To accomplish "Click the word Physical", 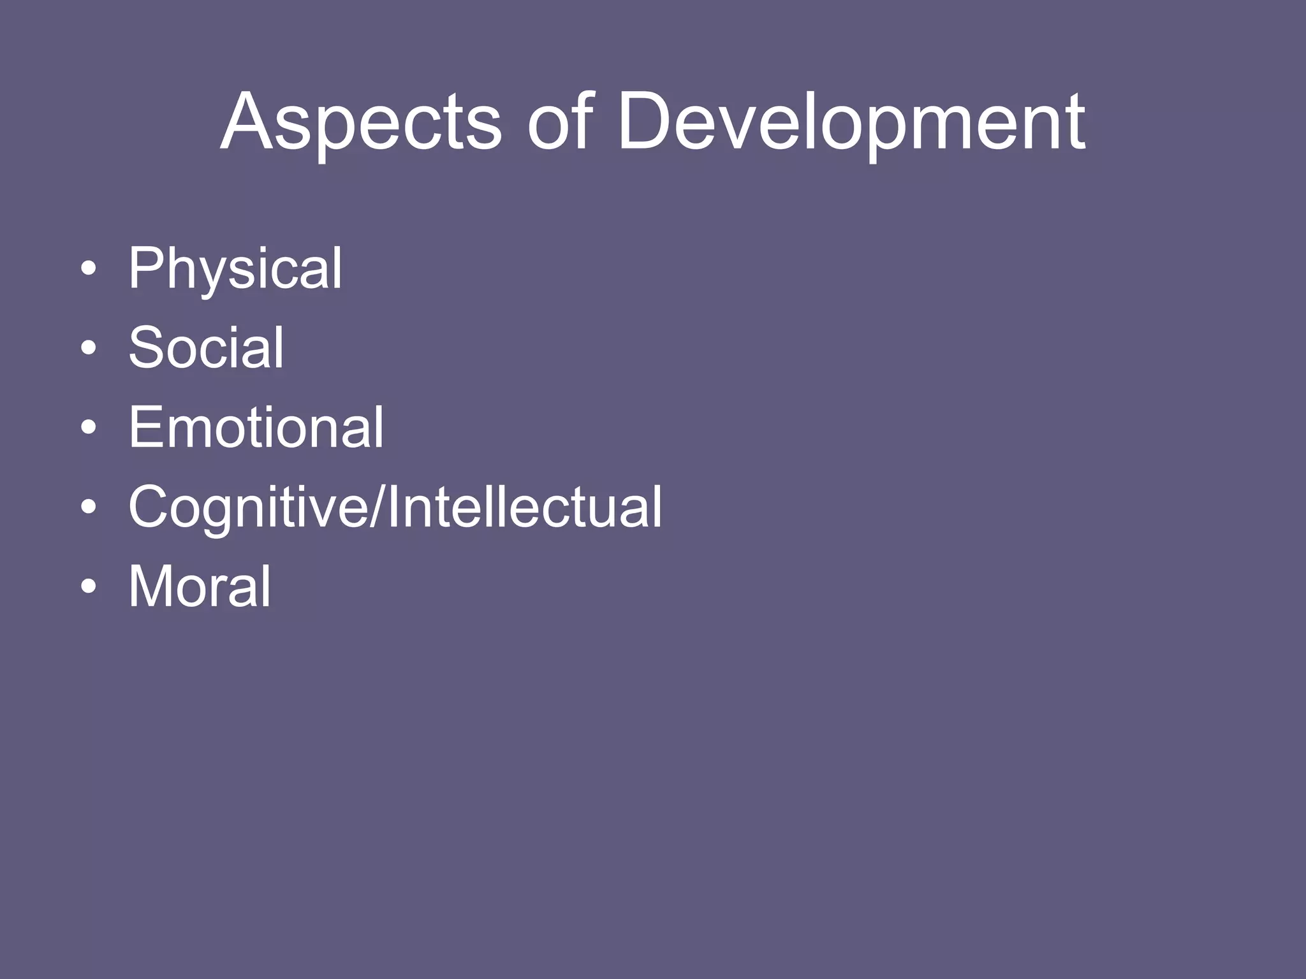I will [x=235, y=269].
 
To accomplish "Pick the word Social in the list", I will [x=206, y=347].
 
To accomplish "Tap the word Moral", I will [x=200, y=586].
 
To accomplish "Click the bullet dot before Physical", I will [x=89, y=268].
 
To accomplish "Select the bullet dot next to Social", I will [x=89, y=348].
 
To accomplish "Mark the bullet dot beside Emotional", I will [x=89, y=428].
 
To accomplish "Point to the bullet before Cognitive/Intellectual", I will [x=89, y=507].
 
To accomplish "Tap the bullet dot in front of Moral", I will [x=89, y=586].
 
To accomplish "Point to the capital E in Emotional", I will [x=146, y=427].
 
